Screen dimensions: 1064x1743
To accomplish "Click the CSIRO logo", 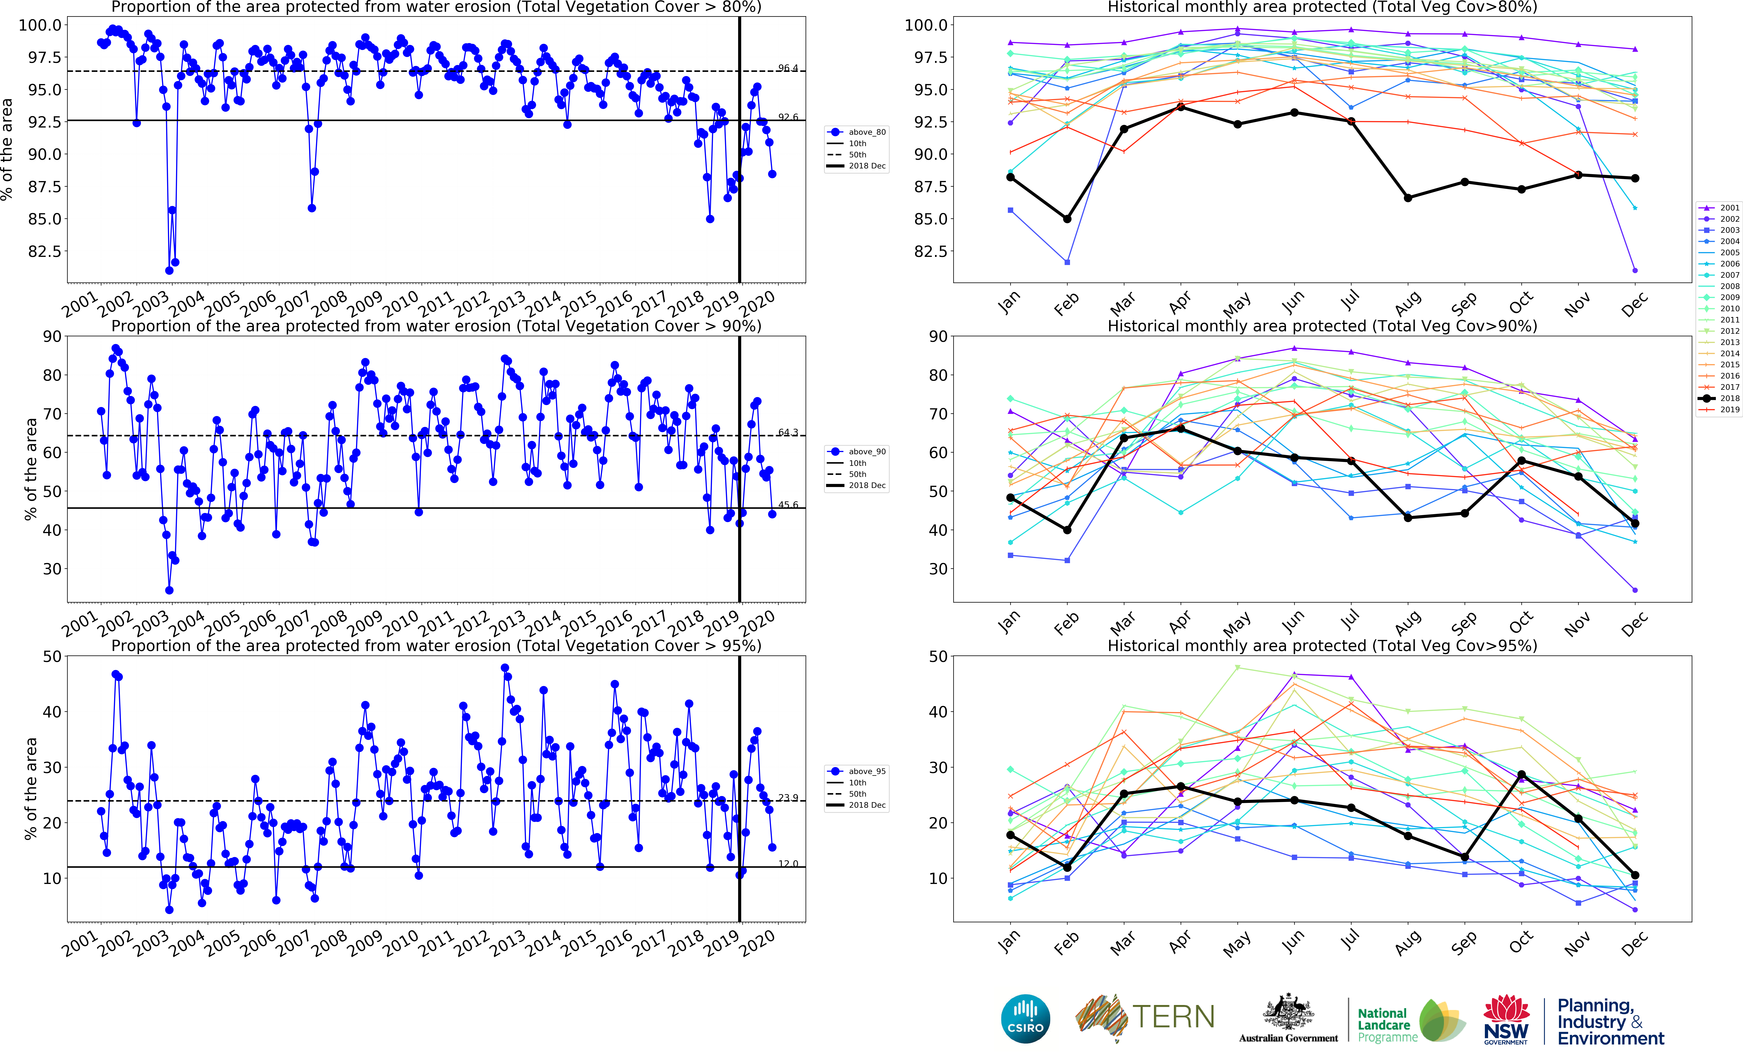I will coord(1026,1019).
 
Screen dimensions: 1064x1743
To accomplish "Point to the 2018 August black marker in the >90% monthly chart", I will coord(1408,517).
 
